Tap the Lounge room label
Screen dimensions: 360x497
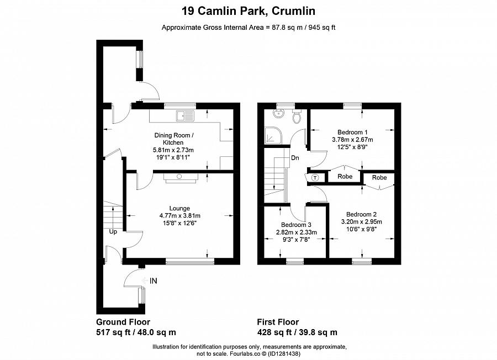pyautogui.click(x=179, y=208)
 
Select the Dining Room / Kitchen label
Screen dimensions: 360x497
pyautogui.click(x=173, y=139)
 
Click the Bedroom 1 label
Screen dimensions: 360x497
pyautogui.click(x=352, y=132)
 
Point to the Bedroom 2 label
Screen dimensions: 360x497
pyautogui.click(x=361, y=214)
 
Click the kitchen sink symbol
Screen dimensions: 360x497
pyautogui.click(x=184, y=115)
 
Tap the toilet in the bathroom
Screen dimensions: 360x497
pyautogui.click(x=297, y=117)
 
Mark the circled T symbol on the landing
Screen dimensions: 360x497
pyautogui.click(x=315, y=177)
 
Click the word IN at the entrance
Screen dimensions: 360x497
pyautogui.click(x=154, y=281)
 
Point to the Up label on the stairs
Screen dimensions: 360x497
pyautogui.click(x=113, y=231)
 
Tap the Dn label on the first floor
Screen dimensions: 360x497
pyautogui.click(x=295, y=158)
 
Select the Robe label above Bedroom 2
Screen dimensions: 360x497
pyautogui.click(x=379, y=177)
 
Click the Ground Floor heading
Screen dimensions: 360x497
pyautogui.click(x=123, y=322)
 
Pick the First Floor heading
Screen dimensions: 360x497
pyautogui.click(x=278, y=322)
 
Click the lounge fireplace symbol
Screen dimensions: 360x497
pyautogui.click(x=179, y=177)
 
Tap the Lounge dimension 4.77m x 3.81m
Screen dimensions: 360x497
pyautogui.click(x=179, y=215)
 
